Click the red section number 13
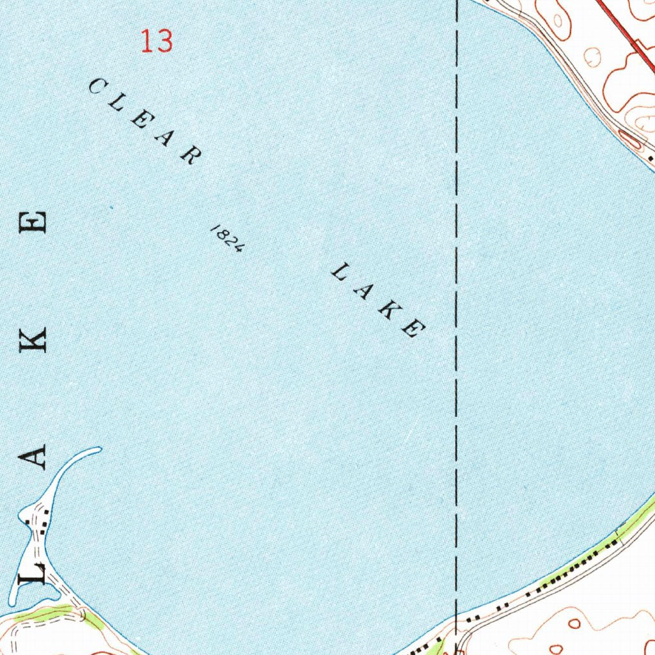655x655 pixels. pyautogui.click(x=157, y=42)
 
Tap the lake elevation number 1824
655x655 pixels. pyautogui.click(x=226, y=239)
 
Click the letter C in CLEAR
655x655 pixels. pyautogui.click(x=97, y=86)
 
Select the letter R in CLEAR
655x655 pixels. pyautogui.click(x=189, y=155)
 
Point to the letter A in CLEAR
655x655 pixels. pyautogui.click(x=165, y=138)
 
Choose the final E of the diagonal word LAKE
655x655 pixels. pyautogui.click(x=413, y=329)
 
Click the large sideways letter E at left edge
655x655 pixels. pyautogui.click(x=33, y=223)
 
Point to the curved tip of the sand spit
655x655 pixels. pyautogui.click(x=97, y=450)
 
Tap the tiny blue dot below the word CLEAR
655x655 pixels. pyautogui.click(x=110, y=207)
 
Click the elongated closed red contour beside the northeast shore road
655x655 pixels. pyautogui.click(x=629, y=139)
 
